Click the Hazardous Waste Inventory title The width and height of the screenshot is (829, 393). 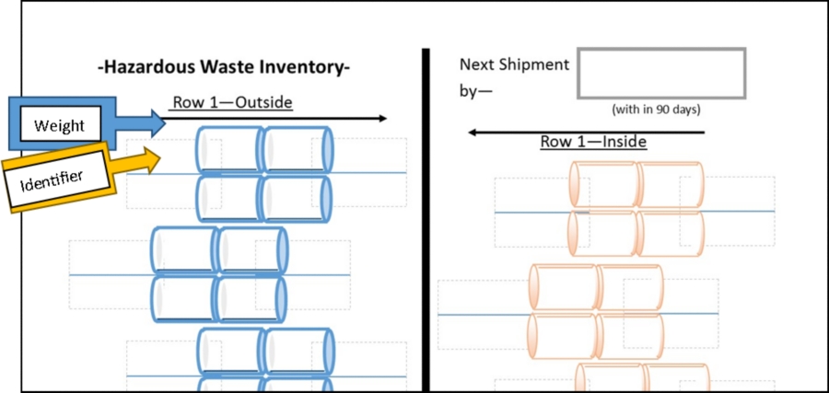pos(224,67)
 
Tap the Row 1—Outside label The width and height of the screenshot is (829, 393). pos(232,102)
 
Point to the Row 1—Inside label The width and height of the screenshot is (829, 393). pos(592,142)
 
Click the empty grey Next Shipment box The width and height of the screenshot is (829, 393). pos(661,73)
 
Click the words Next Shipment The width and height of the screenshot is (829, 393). pos(514,64)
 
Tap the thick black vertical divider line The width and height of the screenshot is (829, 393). pos(426,221)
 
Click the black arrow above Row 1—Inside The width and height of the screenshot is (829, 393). pos(586,132)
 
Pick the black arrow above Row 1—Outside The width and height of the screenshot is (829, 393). pos(276,119)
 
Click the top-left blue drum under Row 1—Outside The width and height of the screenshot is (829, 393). pos(230,149)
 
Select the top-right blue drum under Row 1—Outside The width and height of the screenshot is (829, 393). pos(297,149)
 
